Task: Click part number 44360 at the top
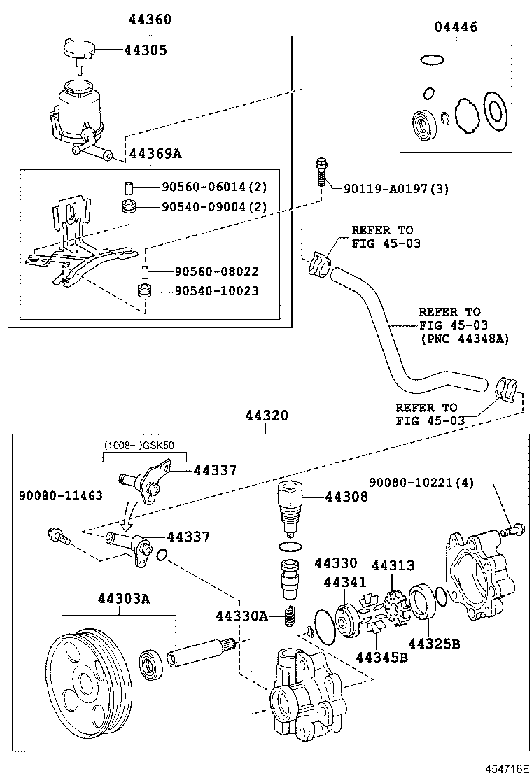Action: (x=149, y=20)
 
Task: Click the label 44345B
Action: (x=381, y=656)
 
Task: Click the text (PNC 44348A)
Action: (x=464, y=339)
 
